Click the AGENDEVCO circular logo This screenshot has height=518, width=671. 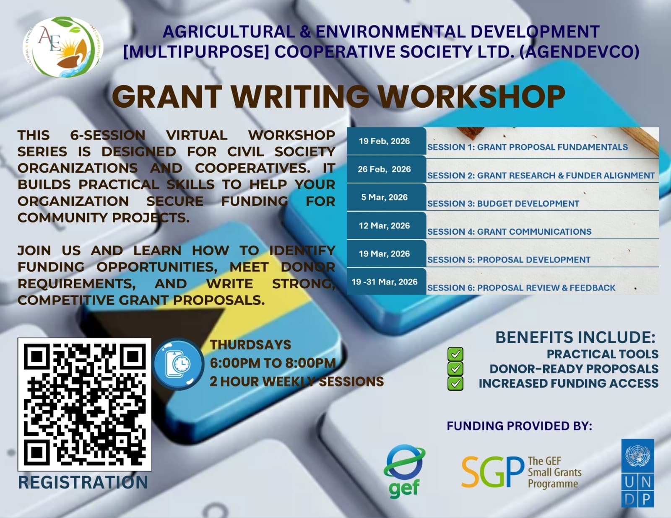(63, 47)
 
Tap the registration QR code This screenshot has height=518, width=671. (84, 404)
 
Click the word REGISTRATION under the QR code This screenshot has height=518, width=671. (83, 482)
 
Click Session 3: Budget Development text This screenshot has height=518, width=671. (503, 204)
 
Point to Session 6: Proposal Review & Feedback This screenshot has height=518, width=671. (521, 288)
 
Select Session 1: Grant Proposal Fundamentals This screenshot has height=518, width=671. (528, 147)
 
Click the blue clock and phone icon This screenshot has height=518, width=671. (178, 364)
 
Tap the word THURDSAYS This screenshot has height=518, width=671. (250, 344)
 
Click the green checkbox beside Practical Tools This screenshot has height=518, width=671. (455, 354)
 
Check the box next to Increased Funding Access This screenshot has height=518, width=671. (455, 384)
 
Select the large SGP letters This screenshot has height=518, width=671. (493, 472)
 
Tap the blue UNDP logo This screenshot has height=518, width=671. (637, 473)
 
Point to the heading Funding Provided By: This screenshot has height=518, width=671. (519, 426)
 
